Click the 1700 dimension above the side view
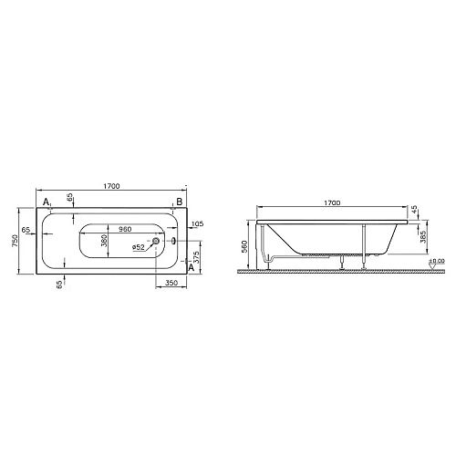coord(332,202)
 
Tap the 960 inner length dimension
coord(125,231)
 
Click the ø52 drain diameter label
coord(139,247)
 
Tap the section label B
coord(179,202)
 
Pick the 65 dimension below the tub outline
coord(60,285)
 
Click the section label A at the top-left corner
coord(46,202)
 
